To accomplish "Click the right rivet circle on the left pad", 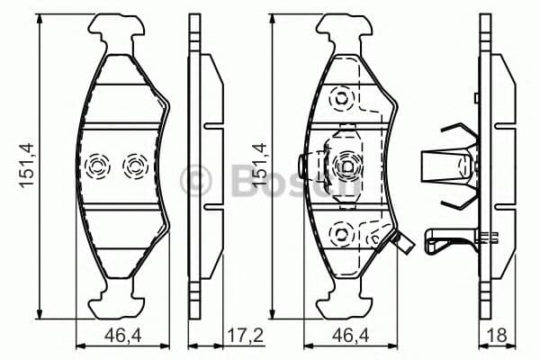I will (134, 166).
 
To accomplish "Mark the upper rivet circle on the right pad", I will (341, 96).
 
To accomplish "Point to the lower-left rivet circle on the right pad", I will (340, 233).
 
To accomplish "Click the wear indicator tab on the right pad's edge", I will (403, 242).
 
